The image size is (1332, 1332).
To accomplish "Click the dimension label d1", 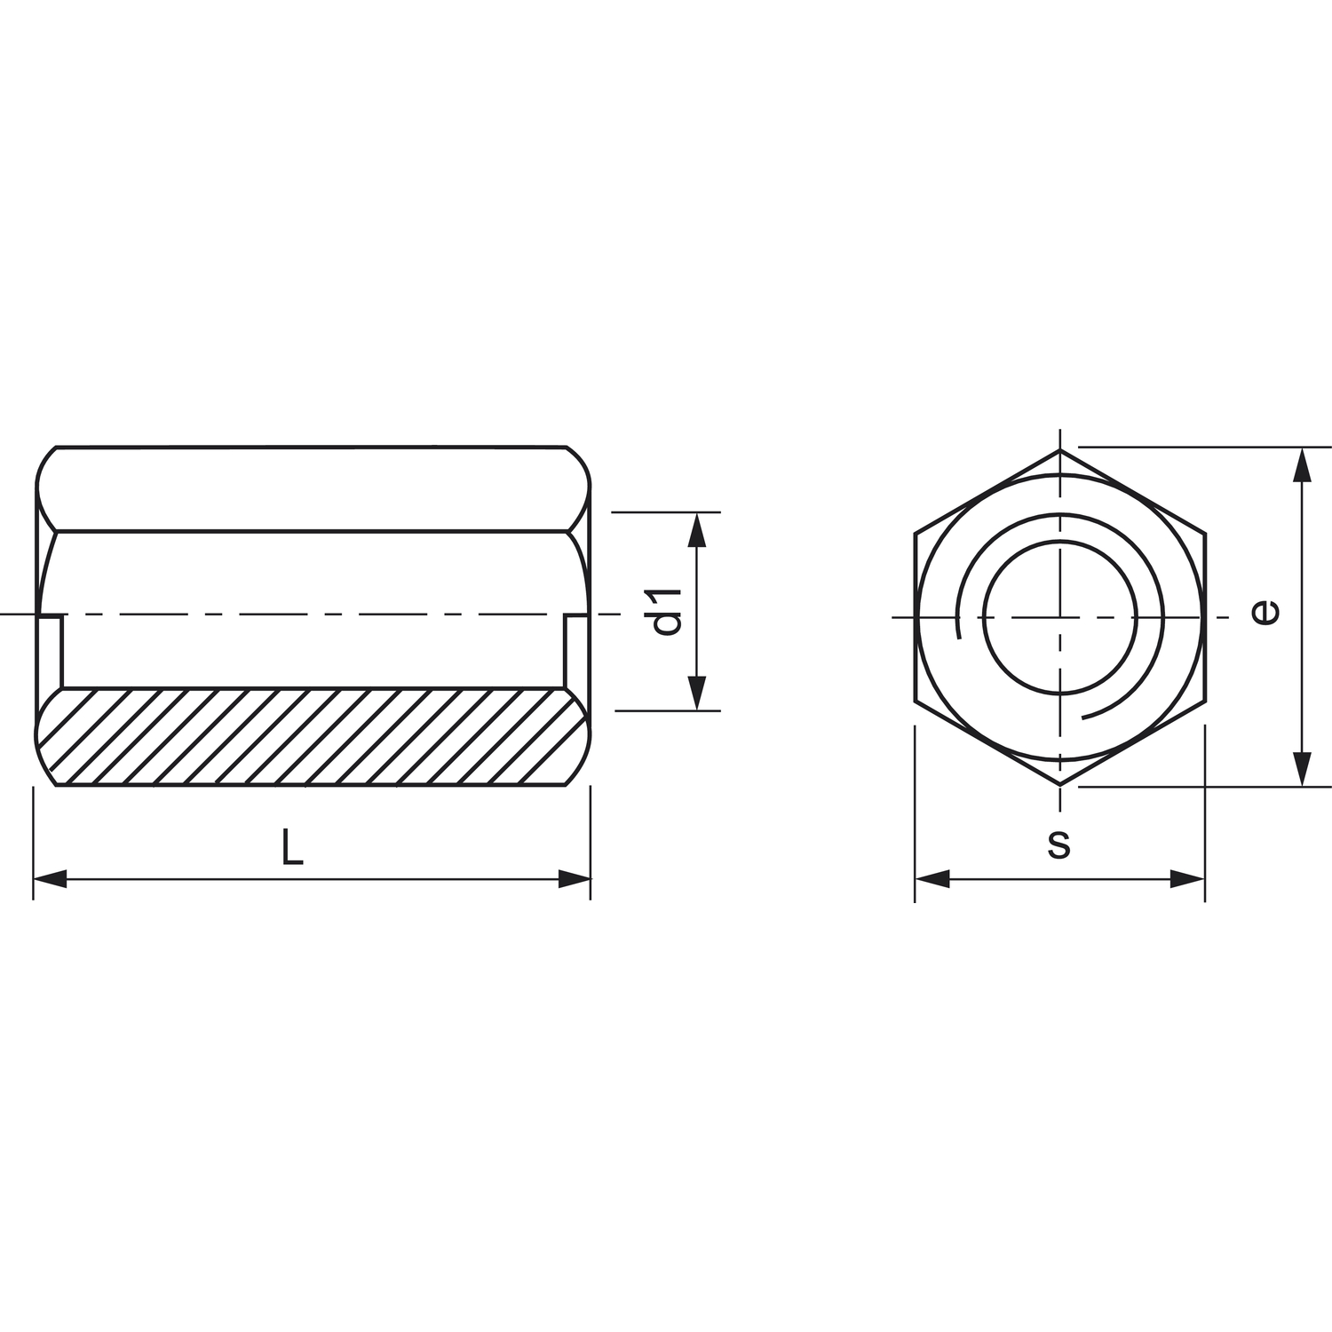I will pyautogui.click(x=666, y=611).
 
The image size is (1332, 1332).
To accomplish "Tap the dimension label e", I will pyautogui.click(x=1265, y=611).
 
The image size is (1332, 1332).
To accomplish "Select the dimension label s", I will pyautogui.click(x=1058, y=844).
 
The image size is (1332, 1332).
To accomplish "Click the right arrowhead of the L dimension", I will pyautogui.click(x=575, y=879).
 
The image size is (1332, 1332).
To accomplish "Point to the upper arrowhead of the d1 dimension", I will pyautogui.click(x=697, y=529).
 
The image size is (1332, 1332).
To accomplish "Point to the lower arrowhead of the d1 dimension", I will pyautogui.click(x=697, y=693).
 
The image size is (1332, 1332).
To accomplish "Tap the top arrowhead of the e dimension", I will pyautogui.click(x=1302, y=464).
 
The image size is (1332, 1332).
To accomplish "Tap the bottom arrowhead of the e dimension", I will pyautogui.click(x=1302, y=769).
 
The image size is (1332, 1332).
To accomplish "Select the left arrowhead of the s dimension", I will pyautogui.click(x=932, y=879).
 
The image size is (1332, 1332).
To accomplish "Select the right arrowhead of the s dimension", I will pyautogui.click(x=1188, y=879).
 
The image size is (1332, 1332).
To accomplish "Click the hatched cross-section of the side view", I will pyautogui.click(x=311, y=737).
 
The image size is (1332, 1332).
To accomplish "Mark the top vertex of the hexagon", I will pyautogui.click(x=1060, y=449).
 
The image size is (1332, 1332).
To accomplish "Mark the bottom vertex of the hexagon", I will pyautogui.click(x=1060, y=785).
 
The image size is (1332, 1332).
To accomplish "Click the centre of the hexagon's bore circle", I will pyautogui.click(x=1060, y=617).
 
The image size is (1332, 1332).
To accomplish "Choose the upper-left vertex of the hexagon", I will pyautogui.click(x=915, y=533).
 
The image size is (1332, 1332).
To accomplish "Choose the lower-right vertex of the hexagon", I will pyautogui.click(x=1205, y=702).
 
